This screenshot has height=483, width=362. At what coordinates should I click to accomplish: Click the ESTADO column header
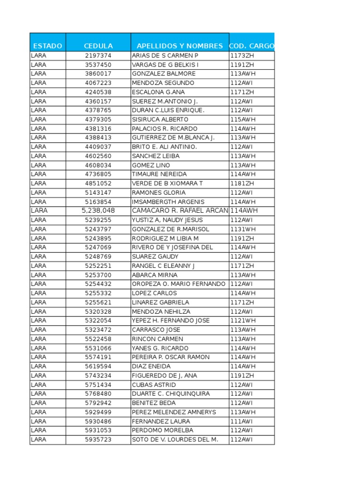(48, 46)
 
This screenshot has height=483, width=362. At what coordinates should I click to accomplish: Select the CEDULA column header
(98, 46)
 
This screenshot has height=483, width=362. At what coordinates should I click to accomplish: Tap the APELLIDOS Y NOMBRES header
(180, 46)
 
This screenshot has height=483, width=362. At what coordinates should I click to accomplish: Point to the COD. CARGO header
(251, 46)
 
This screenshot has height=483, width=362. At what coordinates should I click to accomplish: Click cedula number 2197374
(98, 56)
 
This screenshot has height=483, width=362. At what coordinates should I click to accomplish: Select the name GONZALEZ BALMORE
(164, 74)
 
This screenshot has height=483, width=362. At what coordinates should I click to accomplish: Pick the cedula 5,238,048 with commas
(98, 210)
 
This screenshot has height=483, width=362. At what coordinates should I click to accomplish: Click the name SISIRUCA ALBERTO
(160, 119)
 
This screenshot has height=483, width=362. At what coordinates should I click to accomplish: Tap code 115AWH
(243, 119)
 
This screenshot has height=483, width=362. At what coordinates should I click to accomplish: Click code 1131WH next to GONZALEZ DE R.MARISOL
(243, 229)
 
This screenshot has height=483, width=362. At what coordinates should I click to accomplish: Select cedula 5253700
(98, 275)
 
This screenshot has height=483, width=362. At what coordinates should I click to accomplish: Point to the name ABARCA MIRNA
(155, 275)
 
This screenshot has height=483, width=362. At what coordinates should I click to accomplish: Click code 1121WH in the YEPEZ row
(243, 321)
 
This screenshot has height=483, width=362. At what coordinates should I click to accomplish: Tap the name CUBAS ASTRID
(154, 385)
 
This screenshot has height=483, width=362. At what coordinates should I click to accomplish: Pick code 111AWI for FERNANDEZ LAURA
(241, 421)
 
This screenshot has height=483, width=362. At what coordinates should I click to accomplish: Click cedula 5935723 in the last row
(98, 440)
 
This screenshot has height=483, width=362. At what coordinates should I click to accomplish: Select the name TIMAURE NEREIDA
(159, 174)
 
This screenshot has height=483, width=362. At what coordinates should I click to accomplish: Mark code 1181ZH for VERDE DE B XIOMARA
(242, 183)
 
